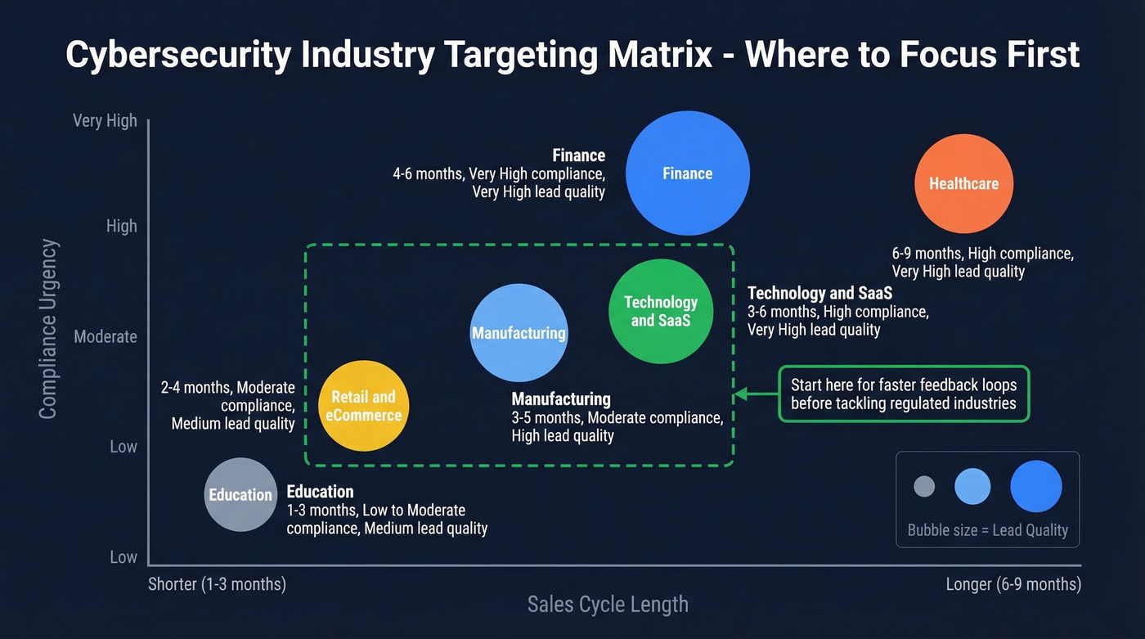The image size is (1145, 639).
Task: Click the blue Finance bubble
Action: pos(688,173)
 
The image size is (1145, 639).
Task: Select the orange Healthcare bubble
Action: pos(963,183)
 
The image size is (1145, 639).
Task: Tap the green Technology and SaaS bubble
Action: pos(661,311)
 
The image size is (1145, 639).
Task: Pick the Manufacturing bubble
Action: pos(519,333)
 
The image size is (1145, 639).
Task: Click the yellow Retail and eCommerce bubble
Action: pos(363,406)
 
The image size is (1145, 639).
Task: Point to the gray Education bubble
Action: pos(240,494)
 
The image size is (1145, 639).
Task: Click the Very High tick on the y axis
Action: pos(105,120)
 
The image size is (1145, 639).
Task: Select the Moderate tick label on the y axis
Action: pos(106,336)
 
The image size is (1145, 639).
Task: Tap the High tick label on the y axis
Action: pos(122,226)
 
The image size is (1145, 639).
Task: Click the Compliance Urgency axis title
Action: pos(48,329)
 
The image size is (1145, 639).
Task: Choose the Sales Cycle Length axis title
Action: pos(608,605)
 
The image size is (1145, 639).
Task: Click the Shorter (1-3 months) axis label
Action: pos(217,584)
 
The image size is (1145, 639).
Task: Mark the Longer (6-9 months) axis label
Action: pos(1013,584)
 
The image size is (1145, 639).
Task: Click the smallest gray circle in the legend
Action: pos(924,486)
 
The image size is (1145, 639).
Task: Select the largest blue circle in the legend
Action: pos(1035,486)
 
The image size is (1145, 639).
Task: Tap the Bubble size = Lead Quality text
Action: pos(988,530)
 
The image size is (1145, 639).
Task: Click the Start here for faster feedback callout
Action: pos(903,394)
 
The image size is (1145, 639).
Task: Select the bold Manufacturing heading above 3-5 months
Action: pos(561,399)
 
